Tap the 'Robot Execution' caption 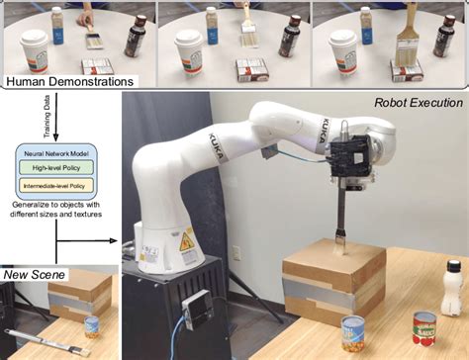(418, 102)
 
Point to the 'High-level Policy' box (58, 168)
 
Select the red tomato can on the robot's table (424, 327)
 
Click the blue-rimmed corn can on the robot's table (353, 335)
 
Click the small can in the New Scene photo (91, 325)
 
